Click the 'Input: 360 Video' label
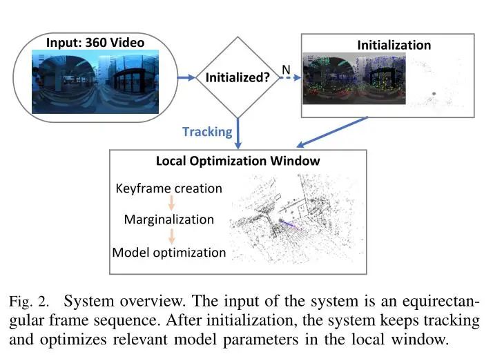click(95, 43)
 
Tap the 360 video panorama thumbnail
click(95, 84)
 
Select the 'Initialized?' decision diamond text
click(238, 78)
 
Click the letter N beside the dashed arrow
click(285, 69)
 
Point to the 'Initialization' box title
click(394, 46)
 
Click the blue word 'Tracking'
click(207, 131)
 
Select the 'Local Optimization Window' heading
click(238, 161)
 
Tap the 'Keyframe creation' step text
click(169, 188)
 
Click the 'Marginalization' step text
click(169, 219)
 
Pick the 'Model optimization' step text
click(169, 252)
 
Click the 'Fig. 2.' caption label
click(29, 302)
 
